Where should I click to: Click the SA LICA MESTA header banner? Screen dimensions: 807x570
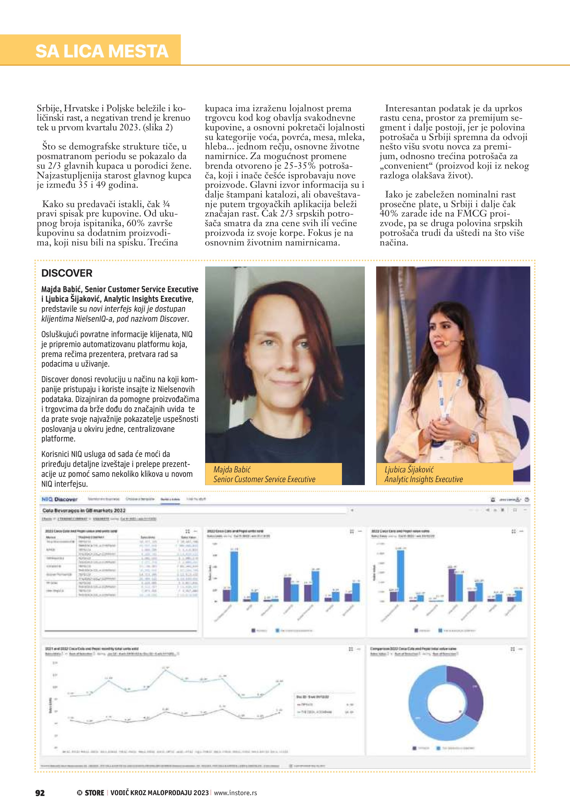[x=102, y=51]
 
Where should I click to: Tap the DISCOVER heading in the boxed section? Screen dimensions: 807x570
[x=67, y=273]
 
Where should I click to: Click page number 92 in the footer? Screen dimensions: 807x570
[x=40, y=793]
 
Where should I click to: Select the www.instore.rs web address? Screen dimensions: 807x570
[x=235, y=793]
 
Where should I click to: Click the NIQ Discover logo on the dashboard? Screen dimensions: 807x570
[x=59, y=499]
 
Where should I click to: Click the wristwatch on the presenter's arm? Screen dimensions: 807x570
[x=473, y=437]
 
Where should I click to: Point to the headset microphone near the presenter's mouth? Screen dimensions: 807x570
[x=446, y=343]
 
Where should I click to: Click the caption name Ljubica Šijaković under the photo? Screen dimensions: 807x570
[x=409, y=470]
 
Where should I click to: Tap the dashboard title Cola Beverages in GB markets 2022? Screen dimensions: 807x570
[x=84, y=510]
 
